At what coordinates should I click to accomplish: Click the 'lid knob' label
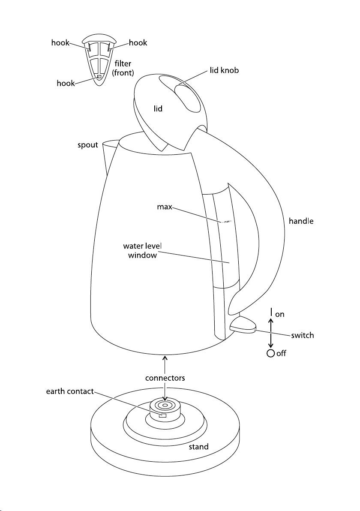[x=224, y=70]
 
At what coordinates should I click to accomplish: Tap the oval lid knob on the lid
[x=189, y=98]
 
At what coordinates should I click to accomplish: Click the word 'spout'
[x=87, y=145]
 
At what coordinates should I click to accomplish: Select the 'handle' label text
[x=301, y=221]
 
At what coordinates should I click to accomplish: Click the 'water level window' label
[x=142, y=250]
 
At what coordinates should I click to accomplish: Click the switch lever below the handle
[x=243, y=325]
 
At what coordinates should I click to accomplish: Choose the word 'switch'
[x=302, y=335]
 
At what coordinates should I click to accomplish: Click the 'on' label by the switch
[x=279, y=315]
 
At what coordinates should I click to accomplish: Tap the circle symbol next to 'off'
[x=270, y=353]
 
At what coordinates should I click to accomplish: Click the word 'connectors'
[x=165, y=378]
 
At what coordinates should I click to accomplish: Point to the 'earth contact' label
[x=70, y=391]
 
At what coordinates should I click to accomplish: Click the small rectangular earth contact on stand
[x=162, y=415]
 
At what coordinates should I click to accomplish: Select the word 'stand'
[x=198, y=446]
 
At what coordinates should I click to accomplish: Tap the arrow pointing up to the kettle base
[x=165, y=364]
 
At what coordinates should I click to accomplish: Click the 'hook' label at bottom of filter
[x=66, y=83]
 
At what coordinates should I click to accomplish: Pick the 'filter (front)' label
[x=123, y=68]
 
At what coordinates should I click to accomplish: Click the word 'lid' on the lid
[x=158, y=108]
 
